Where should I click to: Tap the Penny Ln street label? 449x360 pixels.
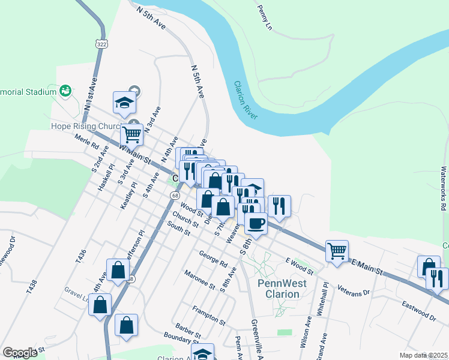coord(265,18)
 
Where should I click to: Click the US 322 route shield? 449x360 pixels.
coord(100,44)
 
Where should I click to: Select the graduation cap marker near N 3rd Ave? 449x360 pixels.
coord(124,103)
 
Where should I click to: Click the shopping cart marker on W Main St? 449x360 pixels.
coord(131,134)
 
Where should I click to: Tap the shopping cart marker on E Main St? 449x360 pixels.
coord(337,251)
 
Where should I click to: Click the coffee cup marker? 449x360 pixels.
coord(256,224)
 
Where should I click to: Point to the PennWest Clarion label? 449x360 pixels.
coord(282,289)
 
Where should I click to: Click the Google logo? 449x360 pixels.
coord(20,353)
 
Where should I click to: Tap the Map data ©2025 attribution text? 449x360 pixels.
coord(424,355)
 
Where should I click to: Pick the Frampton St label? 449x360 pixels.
coord(208,316)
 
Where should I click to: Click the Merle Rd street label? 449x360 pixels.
coord(86,145)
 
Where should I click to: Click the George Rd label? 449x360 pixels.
coord(213,259)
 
